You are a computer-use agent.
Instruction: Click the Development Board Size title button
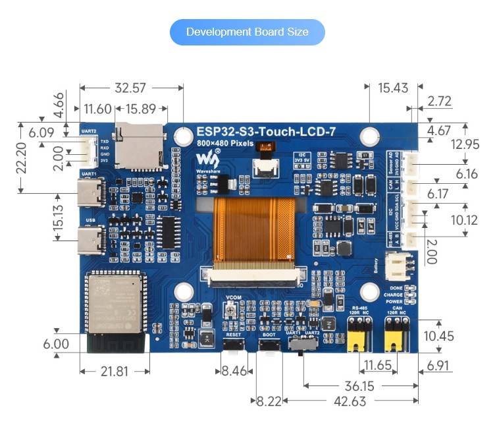click(247, 32)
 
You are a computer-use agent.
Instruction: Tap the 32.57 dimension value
click(130, 88)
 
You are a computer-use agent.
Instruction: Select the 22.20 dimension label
click(21, 158)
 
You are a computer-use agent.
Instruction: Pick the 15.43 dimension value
click(394, 88)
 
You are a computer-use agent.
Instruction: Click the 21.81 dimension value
click(115, 371)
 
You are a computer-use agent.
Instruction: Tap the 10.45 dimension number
click(457, 337)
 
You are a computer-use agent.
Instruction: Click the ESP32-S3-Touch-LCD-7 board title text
click(266, 132)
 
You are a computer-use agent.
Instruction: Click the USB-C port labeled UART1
click(91, 193)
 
